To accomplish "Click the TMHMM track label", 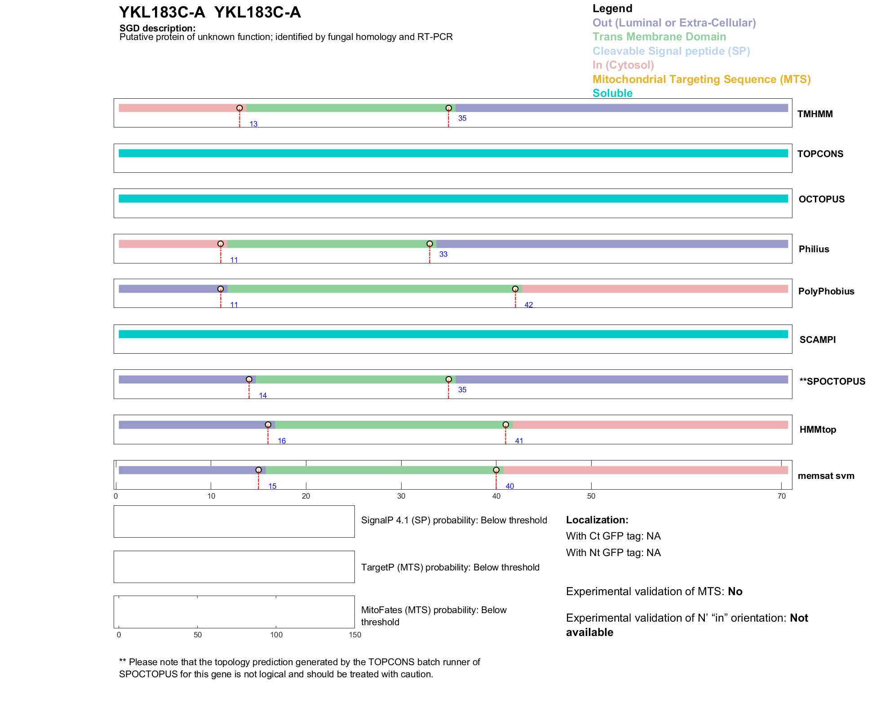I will [x=814, y=114].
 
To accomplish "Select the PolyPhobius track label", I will [x=826, y=291].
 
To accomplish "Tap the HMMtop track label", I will [x=818, y=430].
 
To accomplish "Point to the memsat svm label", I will [x=826, y=476].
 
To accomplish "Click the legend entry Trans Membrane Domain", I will [x=659, y=37].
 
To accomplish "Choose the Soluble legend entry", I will [x=612, y=93].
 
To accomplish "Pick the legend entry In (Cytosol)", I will [x=623, y=65].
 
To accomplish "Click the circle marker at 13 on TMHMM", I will [x=239, y=108].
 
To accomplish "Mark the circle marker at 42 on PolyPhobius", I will [x=515, y=289].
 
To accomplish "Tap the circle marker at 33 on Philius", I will [x=429, y=244].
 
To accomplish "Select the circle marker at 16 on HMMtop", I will [x=268, y=425].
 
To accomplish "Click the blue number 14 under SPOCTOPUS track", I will [x=263, y=395].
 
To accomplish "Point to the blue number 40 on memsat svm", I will [x=509, y=486].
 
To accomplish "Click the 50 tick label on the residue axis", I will [x=591, y=496].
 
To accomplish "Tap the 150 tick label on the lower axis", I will [x=355, y=635].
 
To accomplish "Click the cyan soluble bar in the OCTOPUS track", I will [x=453, y=198].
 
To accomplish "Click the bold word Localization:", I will [x=597, y=520].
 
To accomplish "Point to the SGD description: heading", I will [x=157, y=28].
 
